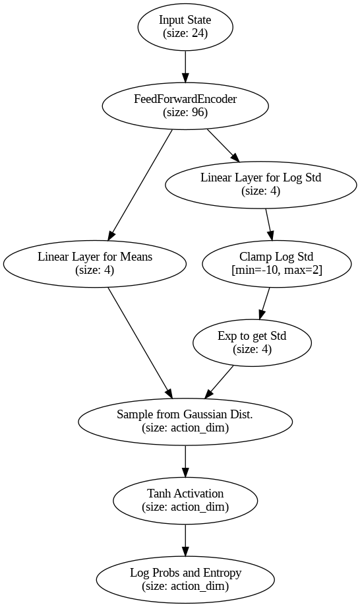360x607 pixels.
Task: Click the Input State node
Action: pyautogui.click(x=185, y=26)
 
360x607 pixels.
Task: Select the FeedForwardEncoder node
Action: pyautogui.click(x=185, y=106)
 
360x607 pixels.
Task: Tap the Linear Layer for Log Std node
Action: pyautogui.click(x=261, y=185)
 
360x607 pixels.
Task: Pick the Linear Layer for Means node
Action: pyautogui.click(x=95, y=264)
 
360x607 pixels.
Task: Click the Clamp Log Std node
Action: pyautogui.click(x=276, y=264)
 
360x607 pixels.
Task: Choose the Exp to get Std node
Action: pyautogui.click(x=252, y=342)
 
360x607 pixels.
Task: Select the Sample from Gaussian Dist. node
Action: pyautogui.click(x=185, y=422)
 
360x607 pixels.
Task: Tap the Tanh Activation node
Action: pyautogui.click(x=185, y=501)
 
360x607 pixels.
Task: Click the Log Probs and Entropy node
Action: pyautogui.click(x=185, y=579)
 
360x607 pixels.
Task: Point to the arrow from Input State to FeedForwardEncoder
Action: pyautogui.click(x=185, y=67)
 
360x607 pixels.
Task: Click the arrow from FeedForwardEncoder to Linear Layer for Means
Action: pyautogui.click(x=140, y=185)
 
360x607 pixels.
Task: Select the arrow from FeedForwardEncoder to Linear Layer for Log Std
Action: pyautogui.click(x=224, y=146)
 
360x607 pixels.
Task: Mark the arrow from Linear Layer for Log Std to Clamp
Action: pyautogui.click(x=269, y=224)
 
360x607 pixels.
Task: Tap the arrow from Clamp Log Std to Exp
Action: pyautogui.click(x=264, y=303)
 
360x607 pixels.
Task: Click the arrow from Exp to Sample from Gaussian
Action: pyautogui.click(x=218, y=382)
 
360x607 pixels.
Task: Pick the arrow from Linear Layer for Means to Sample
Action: pyautogui.click(x=140, y=343)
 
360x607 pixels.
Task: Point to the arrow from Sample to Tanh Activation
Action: pyautogui.click(x=185, y=461)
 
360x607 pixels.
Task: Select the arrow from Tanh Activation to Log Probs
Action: pyautogui.click(x=185, y=540)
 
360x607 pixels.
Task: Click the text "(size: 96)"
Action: pyautogui.click(x=185, y=112)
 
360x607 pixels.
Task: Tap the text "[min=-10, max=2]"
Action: pyautogui.click(x=276, y=271)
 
